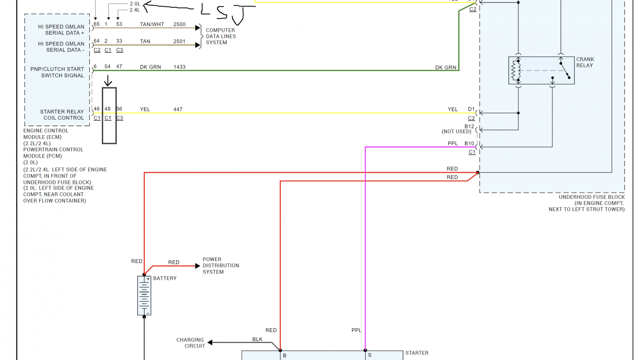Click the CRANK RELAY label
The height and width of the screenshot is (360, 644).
[x=585, y=62]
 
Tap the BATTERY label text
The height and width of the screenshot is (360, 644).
[x=165, y=278]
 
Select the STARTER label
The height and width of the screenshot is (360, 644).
[x=417, y=353]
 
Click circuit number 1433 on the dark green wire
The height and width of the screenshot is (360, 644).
[x=180, y=67]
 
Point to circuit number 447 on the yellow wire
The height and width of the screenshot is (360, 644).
[x=178, y=109]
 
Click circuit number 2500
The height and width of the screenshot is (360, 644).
[x=180, y=25]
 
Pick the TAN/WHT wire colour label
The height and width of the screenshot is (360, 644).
[x=152, y=25]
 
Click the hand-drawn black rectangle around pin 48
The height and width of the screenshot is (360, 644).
[x=102, y=115]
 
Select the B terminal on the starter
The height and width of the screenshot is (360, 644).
[x=284, y=356]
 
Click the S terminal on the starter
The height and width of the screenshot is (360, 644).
[x=370, y=356]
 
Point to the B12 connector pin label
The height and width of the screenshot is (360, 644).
[x=469, y=127]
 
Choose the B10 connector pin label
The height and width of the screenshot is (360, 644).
[x=469, y=143]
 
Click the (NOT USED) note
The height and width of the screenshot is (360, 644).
[x=456, y=132]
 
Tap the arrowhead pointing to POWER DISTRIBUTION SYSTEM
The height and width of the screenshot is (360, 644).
[x=198, y=266]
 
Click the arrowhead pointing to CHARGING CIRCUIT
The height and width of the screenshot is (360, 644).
[x=210, y=342]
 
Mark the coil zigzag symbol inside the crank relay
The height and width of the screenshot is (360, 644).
[x=515, y=71]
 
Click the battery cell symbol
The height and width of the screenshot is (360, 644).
[x=144, y=296]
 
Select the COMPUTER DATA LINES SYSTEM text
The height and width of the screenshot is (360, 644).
[x=221, y=37]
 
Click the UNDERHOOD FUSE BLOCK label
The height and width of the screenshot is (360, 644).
[x=586, y=203]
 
